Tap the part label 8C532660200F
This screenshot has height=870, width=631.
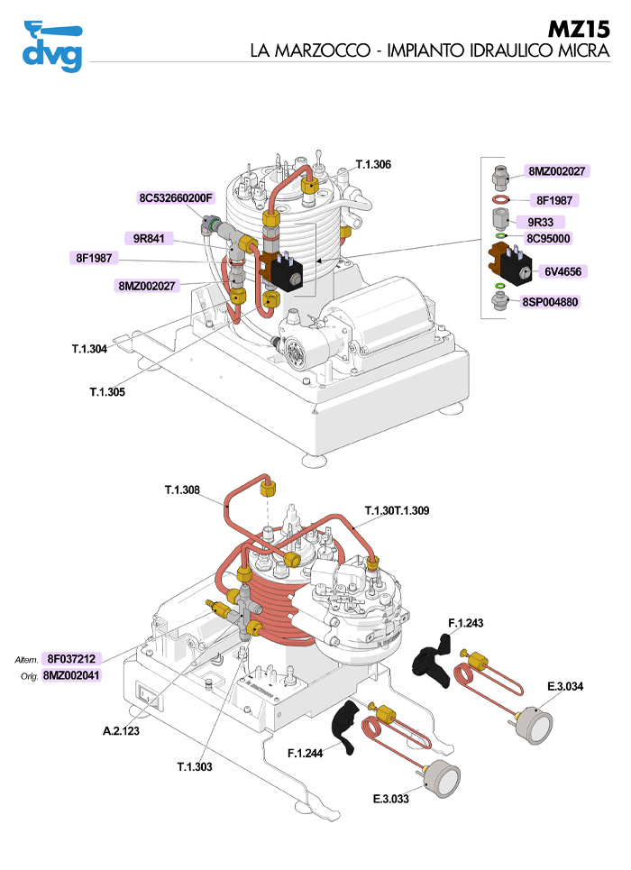[175, 197]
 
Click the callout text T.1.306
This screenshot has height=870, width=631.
[373, 164]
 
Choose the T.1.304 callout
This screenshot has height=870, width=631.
[90, 348]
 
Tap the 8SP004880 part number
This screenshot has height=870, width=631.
[549, 303]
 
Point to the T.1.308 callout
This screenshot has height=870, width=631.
[182, 490]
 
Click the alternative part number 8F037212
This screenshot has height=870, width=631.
[72, 658]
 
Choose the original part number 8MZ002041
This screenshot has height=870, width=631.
[72, 674]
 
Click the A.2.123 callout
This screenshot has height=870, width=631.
[121, 731]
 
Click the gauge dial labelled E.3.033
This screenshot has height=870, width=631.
[441, 778]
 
